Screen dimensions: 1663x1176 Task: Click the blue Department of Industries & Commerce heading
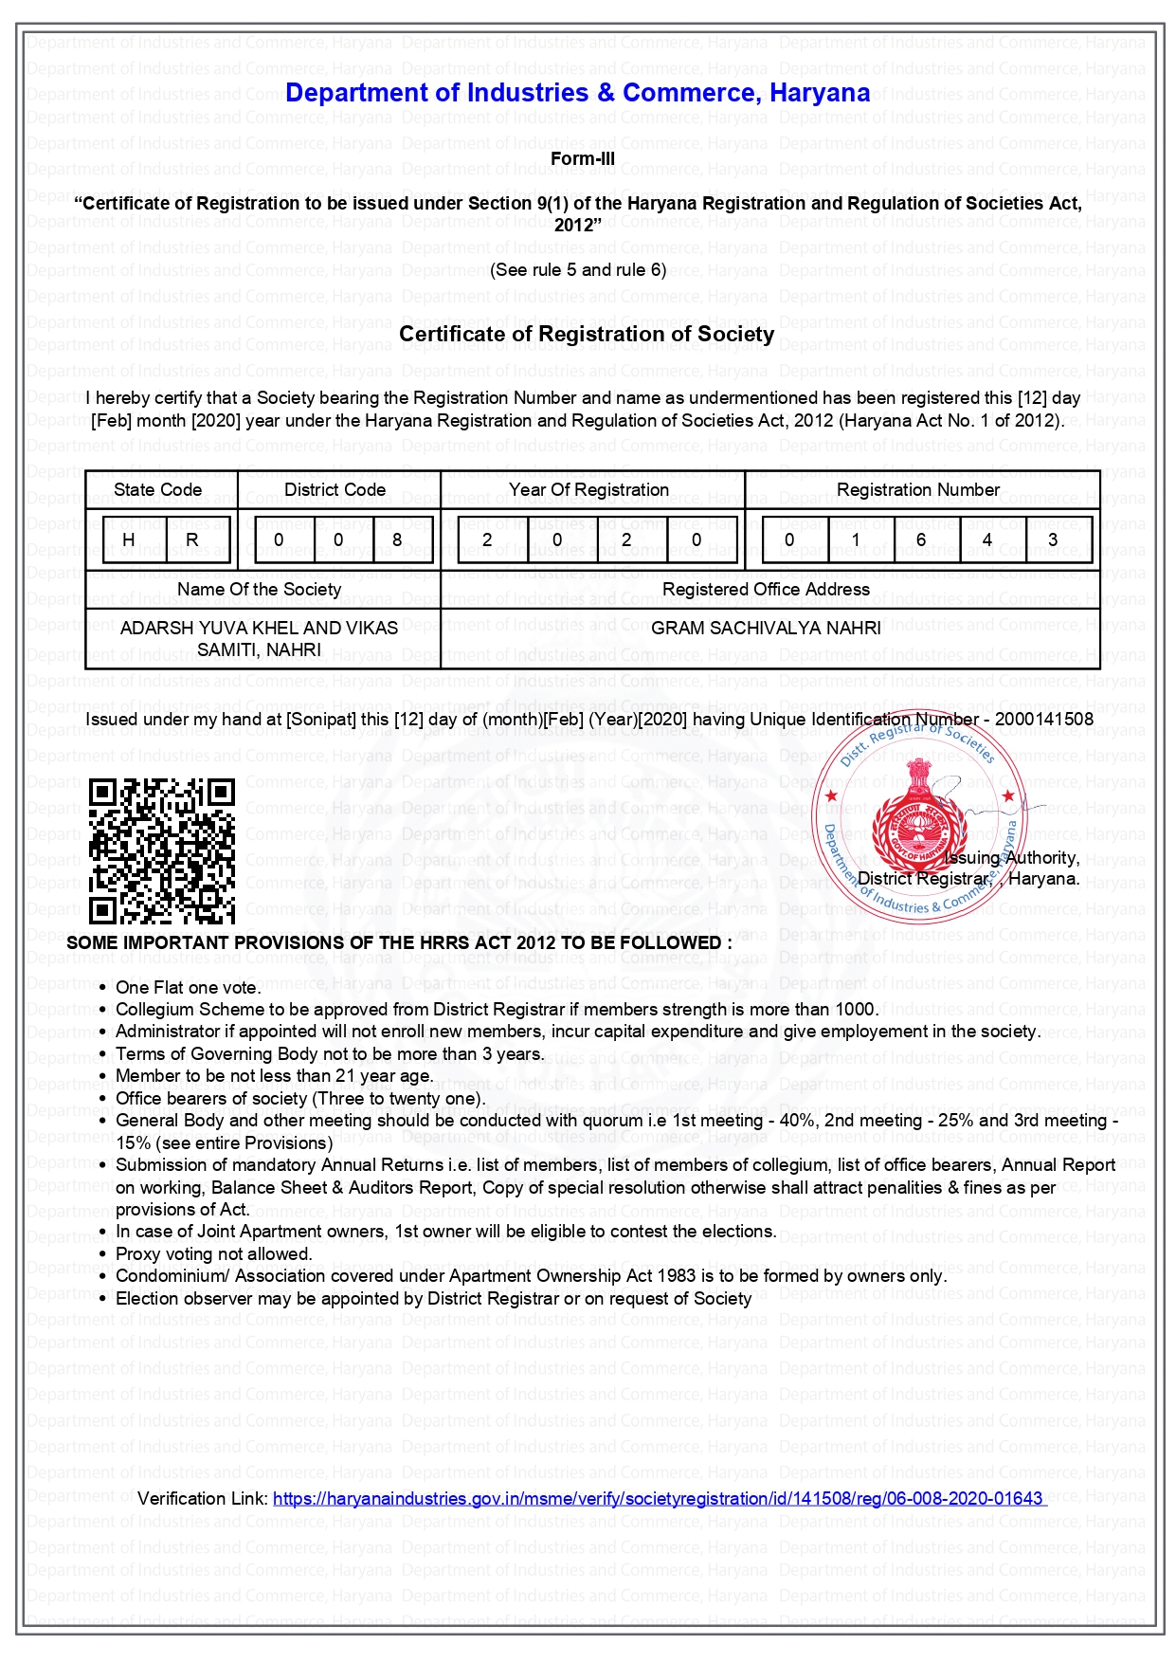point(577,93)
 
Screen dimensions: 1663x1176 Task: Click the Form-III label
point(582,159)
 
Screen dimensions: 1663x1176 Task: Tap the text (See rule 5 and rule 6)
point(578,270)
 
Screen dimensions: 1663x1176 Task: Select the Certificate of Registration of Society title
point(587,334)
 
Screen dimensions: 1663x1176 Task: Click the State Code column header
point(157,490)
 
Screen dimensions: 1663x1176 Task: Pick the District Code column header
point(335,490)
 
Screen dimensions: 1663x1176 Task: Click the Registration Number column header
point(917,490)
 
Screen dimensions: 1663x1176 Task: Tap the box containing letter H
point(129,539)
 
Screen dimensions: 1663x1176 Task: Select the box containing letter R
point(192,539)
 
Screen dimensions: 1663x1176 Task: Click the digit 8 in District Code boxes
point(397,539)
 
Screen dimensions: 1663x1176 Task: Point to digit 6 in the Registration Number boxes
point(921,539)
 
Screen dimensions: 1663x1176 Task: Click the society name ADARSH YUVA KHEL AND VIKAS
point(259,629)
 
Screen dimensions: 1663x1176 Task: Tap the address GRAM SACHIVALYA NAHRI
point(766,629)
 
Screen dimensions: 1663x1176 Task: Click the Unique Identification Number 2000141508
point(1043,720)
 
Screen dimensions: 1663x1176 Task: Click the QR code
point(162,850)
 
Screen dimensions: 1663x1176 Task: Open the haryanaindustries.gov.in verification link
point(658,1498)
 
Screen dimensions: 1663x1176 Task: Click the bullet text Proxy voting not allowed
point(214,1254)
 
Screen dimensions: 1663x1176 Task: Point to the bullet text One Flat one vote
point(187,987)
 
